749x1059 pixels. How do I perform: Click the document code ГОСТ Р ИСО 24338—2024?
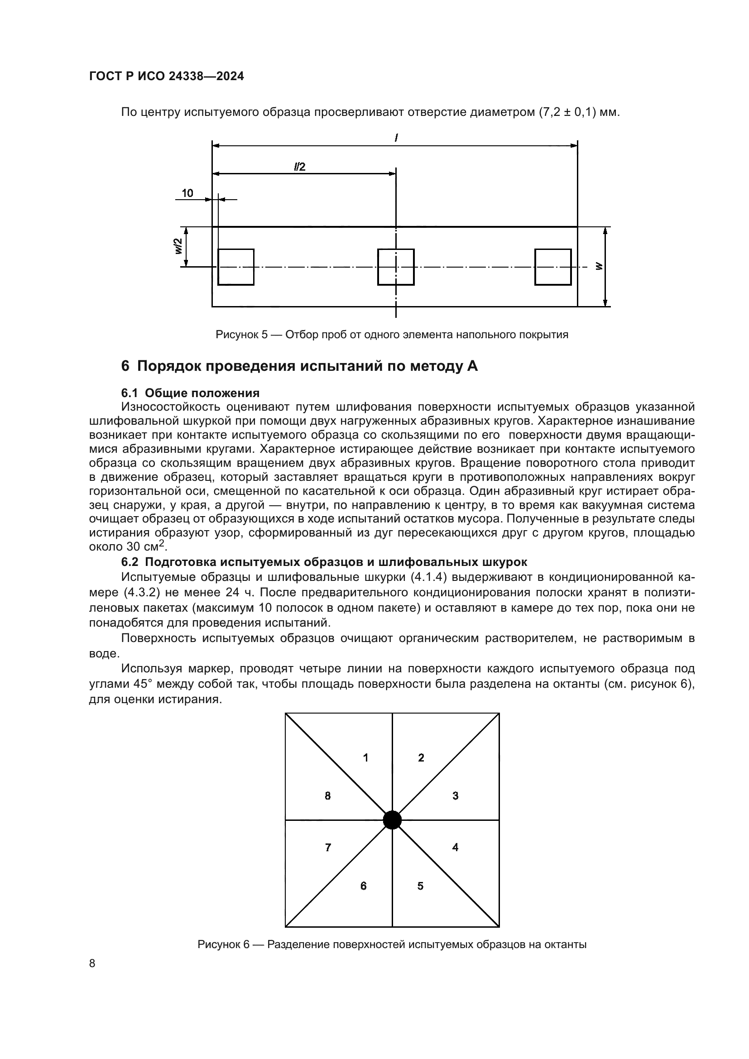pyautogui.click(x=166, y=77)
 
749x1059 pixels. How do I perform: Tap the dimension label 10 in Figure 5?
pyautogui.click(x=187, y=193)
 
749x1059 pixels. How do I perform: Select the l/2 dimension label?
pyautogui.click(x=300, y=167)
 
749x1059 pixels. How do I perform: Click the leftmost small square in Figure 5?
pyautogui.click(x=235, y=267)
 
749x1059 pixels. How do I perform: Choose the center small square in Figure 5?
pyautogui.click(x=396, y=267)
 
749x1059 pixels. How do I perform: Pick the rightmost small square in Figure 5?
pyautogui.click(x=552, y=267)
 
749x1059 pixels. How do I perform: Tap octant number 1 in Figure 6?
pyautogui.click(x=366, y=757)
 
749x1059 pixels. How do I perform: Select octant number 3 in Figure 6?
pyautogui.click(x=455, y=795)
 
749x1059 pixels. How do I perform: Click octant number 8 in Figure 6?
pyautogui.click(x=327, y=795)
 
